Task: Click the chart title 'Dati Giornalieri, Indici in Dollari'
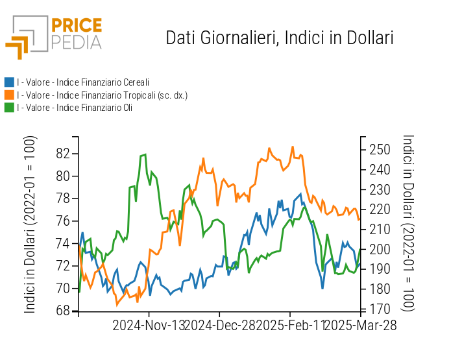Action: click(280, 38)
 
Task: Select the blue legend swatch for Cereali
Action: click(9, 82)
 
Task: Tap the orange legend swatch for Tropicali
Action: click(9, 95)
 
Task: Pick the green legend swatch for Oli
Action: click(9, 107)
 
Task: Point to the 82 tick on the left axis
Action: click(63, 154)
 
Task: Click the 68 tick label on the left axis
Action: click(63, 311)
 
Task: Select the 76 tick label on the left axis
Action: click(63, 221)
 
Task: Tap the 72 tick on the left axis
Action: click(63, 266)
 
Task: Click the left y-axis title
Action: click(30, 224)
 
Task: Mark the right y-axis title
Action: click(408, 224)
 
